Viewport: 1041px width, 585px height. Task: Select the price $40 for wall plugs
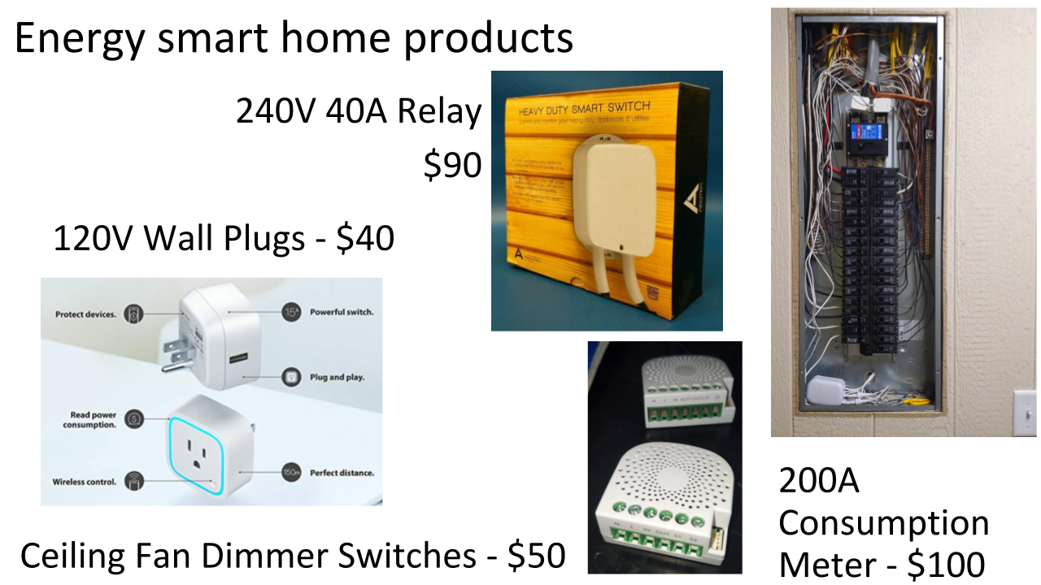pos(366,239)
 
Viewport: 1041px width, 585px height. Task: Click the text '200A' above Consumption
pos(819,482)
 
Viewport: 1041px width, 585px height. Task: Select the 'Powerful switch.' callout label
pos(339,312)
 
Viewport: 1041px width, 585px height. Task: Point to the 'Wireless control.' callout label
pos(85,481)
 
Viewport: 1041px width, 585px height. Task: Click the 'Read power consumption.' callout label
pos(93,419)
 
